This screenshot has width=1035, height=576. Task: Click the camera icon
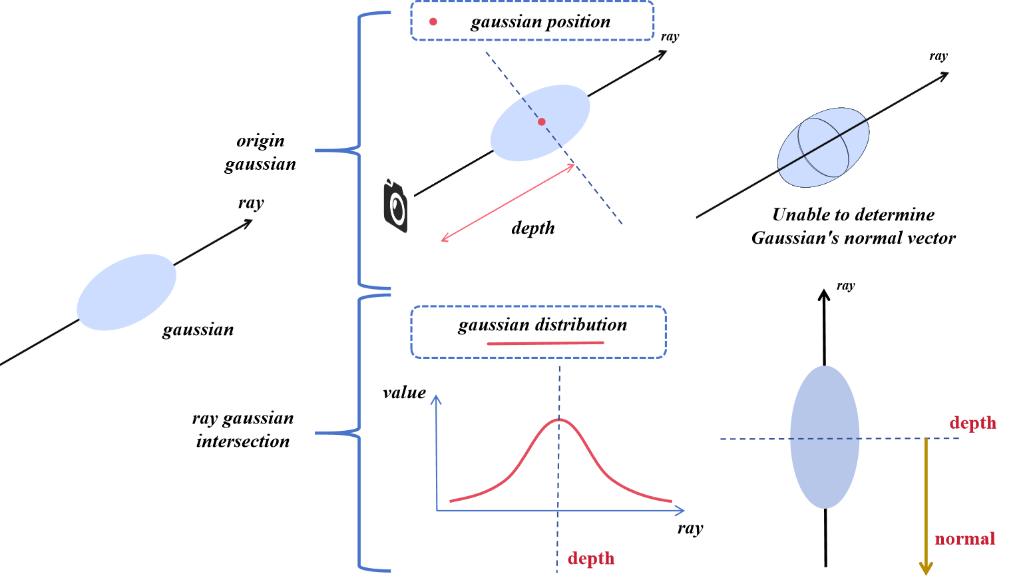click(x=395, y=206)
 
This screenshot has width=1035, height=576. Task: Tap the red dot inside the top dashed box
click(x=433, y=21)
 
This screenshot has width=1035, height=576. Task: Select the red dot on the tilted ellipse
click(x=542, y=122)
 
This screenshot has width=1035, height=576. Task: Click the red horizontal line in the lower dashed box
click(x=545, y=344)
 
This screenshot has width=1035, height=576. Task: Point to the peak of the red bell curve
click(x=559, y=420)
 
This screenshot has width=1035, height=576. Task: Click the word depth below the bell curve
click(x=590, y=558)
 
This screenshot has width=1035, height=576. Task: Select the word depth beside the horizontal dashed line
click(x=972, y=423)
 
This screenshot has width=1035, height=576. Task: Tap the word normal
click(x=964, y=538)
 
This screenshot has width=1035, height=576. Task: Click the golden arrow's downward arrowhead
click(x=925, y=569)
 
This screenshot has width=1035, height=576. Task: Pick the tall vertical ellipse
click(x=825, y=437)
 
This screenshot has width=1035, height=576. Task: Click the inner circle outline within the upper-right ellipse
click(x=823, y=147)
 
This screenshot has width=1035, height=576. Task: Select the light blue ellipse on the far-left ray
click(x=126, y=292)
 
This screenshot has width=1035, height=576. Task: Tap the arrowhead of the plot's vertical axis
click(x=436, y=398)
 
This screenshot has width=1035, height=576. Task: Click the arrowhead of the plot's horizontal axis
click(x=681, y=511)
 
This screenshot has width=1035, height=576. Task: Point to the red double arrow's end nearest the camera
click(x=443, y=240)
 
